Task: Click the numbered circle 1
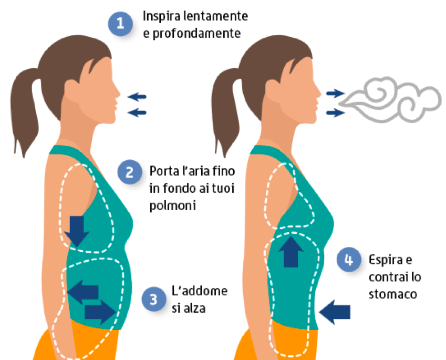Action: (120, 23)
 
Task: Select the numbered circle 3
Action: (153, 299)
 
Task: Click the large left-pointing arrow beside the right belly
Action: (335, 312)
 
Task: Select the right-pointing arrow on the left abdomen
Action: (99, 312)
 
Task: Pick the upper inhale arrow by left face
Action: (138, 96)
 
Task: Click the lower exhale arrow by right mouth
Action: (333, 112)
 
